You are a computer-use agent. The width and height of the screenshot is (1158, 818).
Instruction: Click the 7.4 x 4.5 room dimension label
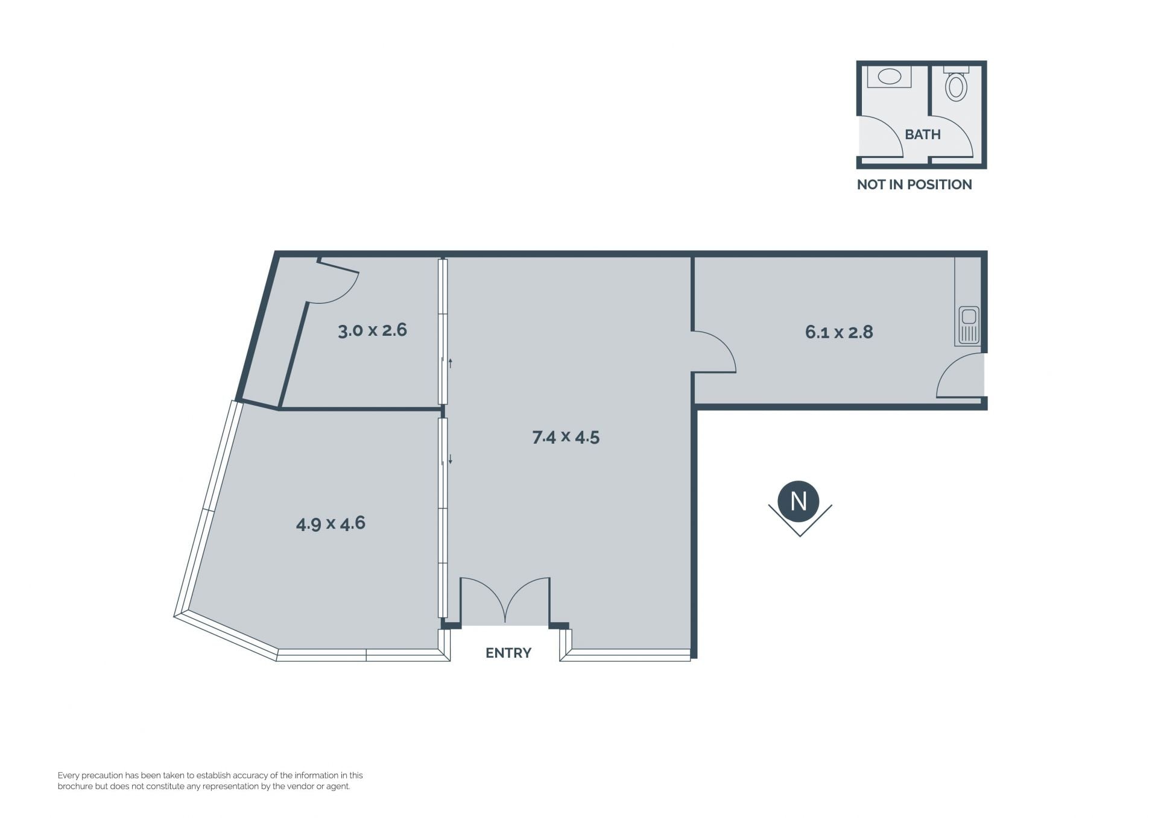pyautogui.click(x=566, y=436)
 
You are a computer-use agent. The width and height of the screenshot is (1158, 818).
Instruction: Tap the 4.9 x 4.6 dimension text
pyautogui.click(x=331, y=523)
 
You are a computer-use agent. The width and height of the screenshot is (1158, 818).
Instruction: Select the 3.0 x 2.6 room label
pyautogui.click(x=372, y=330)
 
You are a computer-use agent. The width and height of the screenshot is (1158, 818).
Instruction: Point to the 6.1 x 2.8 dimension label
pyautogui.click(x=839, y=332)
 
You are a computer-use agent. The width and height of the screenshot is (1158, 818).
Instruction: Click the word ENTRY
pyautogui.click(x=508, y=653)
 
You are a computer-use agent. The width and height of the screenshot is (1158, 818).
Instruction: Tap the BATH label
pyautogui.click(x=923, y=134)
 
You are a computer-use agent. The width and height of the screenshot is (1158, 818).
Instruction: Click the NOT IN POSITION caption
pyautogui.click(x=914, y=184)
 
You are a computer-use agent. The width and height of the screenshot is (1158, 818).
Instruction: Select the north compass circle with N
pyautogui.click(x=799, y=501)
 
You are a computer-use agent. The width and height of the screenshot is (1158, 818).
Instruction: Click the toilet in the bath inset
pyautogui.click(x=956, y=84)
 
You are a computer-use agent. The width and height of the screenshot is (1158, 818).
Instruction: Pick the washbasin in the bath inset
pyautogui.click(x=889, y=77)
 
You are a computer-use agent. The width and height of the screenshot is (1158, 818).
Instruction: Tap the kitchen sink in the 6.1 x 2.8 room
pyautogui.click(x=968, y=326)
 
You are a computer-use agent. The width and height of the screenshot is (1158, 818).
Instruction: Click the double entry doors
pyautogui.click(x=505, y=600)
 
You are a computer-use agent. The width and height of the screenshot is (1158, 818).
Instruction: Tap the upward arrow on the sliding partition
pyautogui.click(x=450, y=363)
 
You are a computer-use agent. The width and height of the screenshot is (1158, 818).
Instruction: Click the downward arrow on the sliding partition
pyautogui.click(x=450, y=459)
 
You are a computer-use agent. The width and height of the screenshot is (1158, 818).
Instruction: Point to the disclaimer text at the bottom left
pyautogui.click(x=210, y=781)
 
